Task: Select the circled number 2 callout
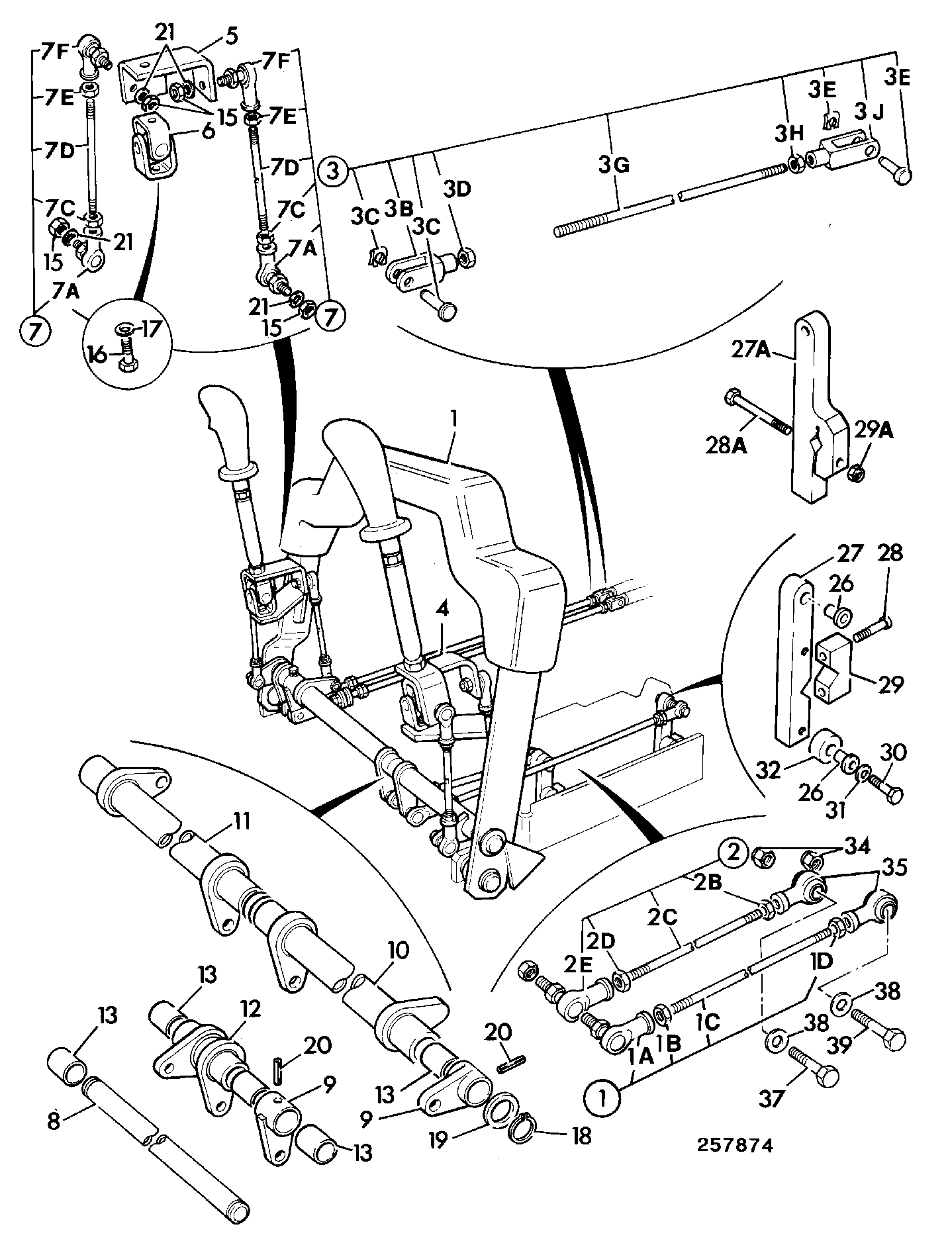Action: pos(733,855)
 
